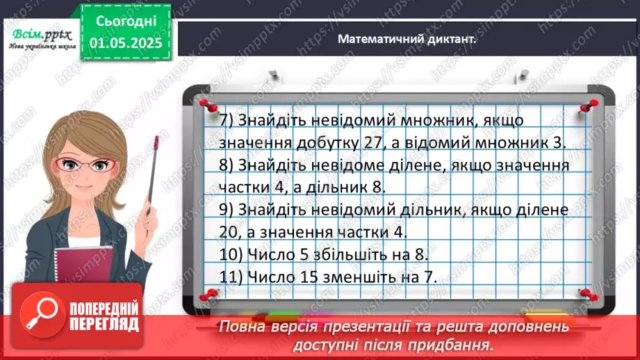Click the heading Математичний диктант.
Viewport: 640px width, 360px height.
[x=407, y=40]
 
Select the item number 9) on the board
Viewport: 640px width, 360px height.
[x=226, y=208]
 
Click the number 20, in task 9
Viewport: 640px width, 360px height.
[x=230, y=231]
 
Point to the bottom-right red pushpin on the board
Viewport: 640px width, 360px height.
[x=586, y=295]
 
